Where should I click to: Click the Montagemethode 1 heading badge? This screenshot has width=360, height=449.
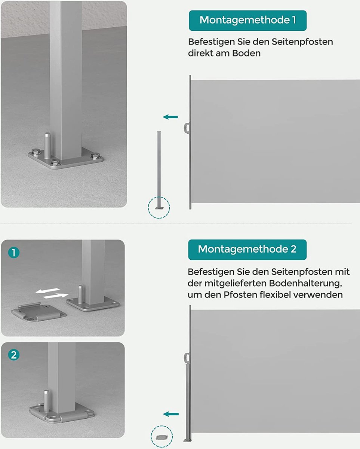pos(247,21)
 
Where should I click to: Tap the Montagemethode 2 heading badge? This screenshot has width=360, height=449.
pos(247,250)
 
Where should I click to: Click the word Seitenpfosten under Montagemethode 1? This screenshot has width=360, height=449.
pos(302,42)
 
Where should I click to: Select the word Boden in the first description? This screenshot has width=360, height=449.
pos(246,53)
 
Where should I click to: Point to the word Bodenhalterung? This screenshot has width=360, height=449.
pos(305,283)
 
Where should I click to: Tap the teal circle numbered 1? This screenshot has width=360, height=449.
pos(14,253)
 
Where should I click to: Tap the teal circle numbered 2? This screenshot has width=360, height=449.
pos(14,355)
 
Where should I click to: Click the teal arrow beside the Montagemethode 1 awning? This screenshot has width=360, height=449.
pos(170,117)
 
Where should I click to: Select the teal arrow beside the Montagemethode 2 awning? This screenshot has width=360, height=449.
pos(171,414)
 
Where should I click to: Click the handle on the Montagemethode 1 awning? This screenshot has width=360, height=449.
pos(187,128)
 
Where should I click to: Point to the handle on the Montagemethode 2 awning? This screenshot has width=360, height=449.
pos(187,358)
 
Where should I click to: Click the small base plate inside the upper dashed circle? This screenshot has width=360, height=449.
pos(159,208)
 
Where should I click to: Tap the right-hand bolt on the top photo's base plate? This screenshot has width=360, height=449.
pos(95,155)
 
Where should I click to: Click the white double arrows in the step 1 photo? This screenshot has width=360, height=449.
pos(52,293)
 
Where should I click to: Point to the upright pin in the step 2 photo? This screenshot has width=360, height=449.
pos(47,398)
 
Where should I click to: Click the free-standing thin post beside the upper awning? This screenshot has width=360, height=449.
pos(159,169)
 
